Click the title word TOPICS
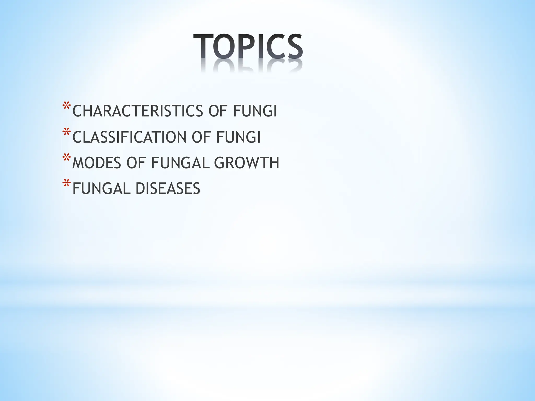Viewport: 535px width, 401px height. click(x=248, y=46)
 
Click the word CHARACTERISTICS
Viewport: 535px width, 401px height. click(x=138, y=111)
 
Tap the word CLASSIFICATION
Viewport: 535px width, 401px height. click(x=129, y=137)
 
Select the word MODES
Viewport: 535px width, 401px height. click(x=97, y=163)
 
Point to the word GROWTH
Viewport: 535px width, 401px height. click(x=247, y=163)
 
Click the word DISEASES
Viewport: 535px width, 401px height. click(x=168, y=188)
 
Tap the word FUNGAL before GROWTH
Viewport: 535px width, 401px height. click(x=180, y=163)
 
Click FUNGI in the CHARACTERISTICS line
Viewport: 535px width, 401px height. click(x=255, y=111)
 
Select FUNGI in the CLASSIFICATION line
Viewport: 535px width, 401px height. click(x=239, y=137)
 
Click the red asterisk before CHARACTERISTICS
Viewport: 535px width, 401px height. click(x=66, y=107)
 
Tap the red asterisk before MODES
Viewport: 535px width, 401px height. click(x=66, y=158)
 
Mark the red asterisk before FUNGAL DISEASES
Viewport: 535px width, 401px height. click(x=66, y=184)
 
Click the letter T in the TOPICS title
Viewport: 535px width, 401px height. click(x=203, y=46)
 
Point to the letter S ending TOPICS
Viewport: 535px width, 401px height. click(x=294, y=46)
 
